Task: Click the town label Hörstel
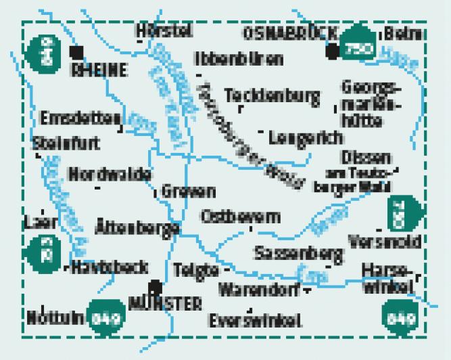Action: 164,31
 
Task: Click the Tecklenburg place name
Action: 272,96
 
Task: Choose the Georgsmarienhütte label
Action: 371,104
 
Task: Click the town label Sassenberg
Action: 298,253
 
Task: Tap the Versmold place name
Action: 383,242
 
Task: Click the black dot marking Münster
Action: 156,286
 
